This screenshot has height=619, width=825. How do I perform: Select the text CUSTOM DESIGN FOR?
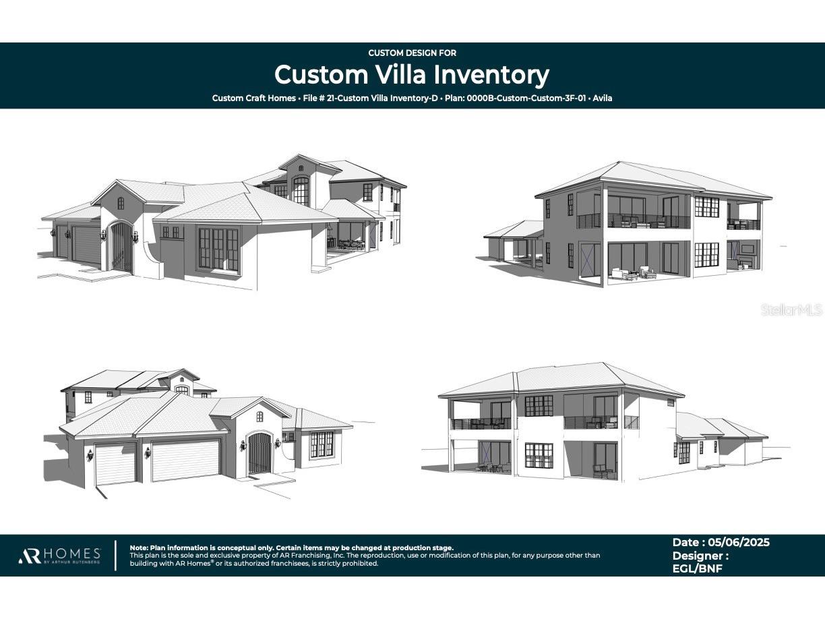tap(412, 53)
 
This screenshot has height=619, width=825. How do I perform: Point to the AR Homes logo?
tap(59, 556)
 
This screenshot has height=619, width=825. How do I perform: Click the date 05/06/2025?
tap(738, 542)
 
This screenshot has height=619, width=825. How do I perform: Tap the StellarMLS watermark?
tap(791, 309)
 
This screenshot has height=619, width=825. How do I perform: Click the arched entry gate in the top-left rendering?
tap(121, 247)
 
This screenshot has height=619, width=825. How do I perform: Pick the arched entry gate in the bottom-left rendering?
tap(259, 453)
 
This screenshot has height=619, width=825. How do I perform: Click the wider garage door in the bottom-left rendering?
tap(185, 460)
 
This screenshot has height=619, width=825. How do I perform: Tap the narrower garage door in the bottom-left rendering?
tap(115, 464)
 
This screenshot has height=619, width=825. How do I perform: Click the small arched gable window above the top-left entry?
tap(121, 202)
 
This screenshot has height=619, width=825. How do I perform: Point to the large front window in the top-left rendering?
tap(218, 249)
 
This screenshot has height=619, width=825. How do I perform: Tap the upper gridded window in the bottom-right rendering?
tap(539, 405)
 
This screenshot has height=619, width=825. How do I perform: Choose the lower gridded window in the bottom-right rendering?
tap(539, 455)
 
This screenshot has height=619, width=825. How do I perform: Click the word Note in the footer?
tap(138, 548)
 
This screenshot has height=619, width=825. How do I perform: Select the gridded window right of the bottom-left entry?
tap(322, 444)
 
